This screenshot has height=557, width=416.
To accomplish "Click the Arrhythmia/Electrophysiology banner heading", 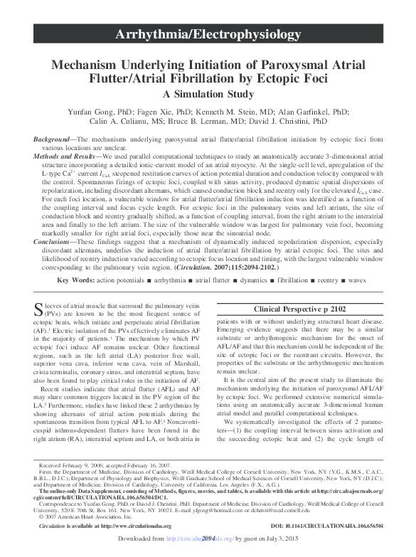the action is click(x=208, y=33).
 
